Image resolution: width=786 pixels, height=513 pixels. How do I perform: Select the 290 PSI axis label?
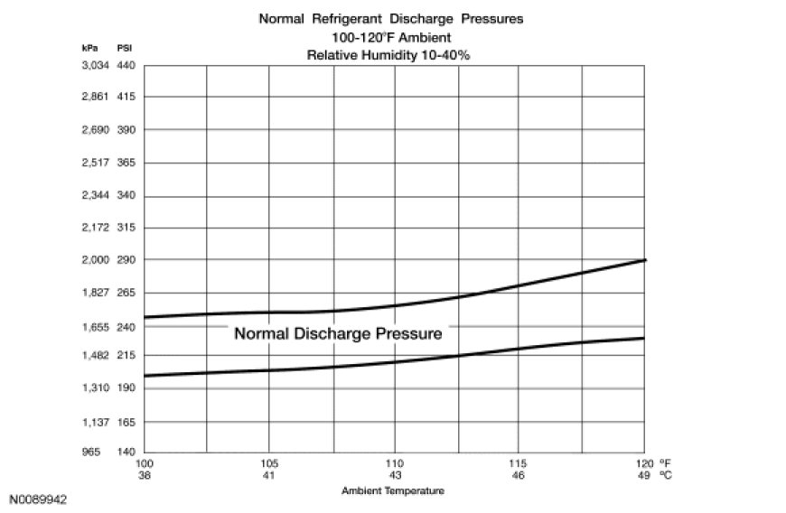pyautogui.click(x=126, y=260)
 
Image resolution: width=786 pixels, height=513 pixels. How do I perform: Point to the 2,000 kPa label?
pyautogui.click(x=95, y=260)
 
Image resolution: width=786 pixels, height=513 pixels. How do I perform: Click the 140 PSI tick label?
pyautogui.click(x=126, y=452)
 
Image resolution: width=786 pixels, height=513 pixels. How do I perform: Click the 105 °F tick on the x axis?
pyautogui.click(x=269, y=464)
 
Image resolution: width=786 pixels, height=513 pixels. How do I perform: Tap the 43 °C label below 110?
pyautogui.click(x=394, y=475)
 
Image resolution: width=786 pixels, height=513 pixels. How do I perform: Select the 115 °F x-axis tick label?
pyautogui.click(x=519, y=464)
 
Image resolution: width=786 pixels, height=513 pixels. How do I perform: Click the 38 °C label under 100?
pyautogui.click(x=145, y=475)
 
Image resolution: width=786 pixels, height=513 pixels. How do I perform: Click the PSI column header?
pyautogui.click(x=126, y=46)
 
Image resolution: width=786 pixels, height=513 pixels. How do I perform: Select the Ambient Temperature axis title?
pyautogui.click(x=393, y=491)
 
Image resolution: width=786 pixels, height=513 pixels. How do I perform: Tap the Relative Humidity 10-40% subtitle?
pyautogui.click(x=393, y=55)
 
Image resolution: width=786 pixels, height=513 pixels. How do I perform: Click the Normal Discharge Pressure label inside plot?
pyautogui.click(x=338, y=333)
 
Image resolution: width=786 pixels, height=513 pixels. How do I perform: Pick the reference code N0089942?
pyautogui.click(x=39, y=499)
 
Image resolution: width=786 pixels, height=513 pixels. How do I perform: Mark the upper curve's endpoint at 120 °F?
pyautogui.click(x=644, y=260)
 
